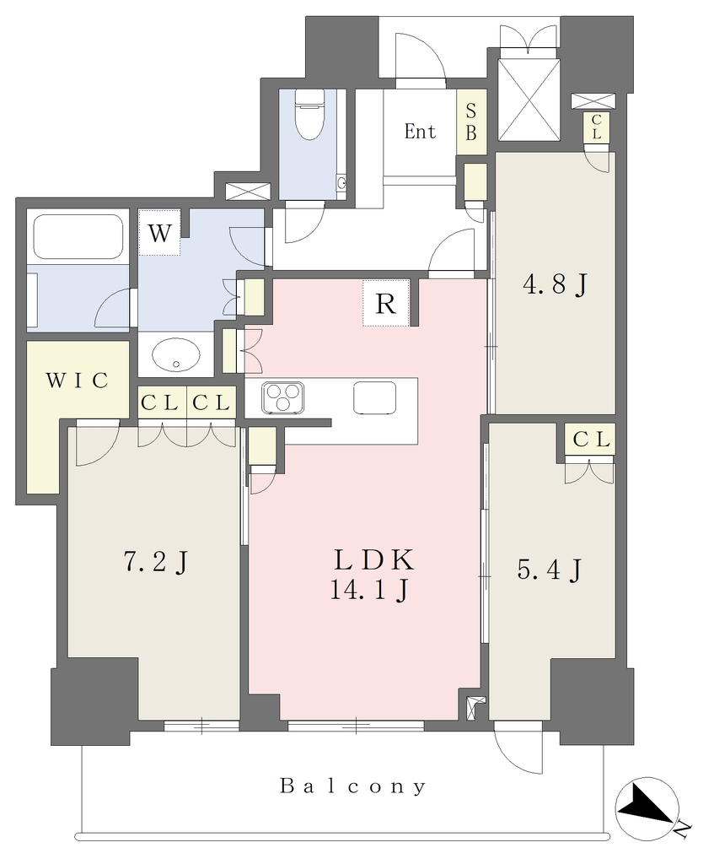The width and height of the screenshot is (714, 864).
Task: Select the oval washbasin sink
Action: pos(175,354)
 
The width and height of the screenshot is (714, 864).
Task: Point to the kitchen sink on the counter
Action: pos(374,397)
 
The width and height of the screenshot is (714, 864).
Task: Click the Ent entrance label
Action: pos(420,132)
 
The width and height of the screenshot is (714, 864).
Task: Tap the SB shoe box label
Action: pos(471,122)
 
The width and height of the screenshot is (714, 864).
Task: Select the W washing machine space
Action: pos(159,233)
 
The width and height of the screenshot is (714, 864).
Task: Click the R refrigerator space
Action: pos(386,303)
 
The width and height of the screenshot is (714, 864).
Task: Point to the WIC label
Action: pos(77,381)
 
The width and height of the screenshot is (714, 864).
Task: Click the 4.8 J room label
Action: pos(555,285)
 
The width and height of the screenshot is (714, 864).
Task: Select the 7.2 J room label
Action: pos(156,562)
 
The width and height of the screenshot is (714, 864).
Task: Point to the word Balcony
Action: pos(353,786)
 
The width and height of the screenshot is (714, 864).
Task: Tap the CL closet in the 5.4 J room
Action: pos(590,440)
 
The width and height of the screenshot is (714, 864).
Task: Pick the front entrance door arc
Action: pos(421,55)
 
